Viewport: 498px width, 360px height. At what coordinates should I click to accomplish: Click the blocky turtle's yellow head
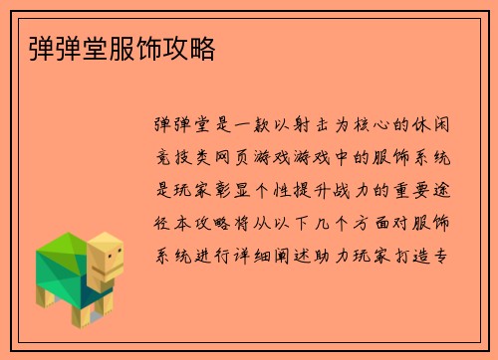pos(107,255)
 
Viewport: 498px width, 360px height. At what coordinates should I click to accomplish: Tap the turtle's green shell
pos(61,261)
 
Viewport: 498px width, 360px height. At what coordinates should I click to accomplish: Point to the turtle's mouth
pos(115,270)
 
